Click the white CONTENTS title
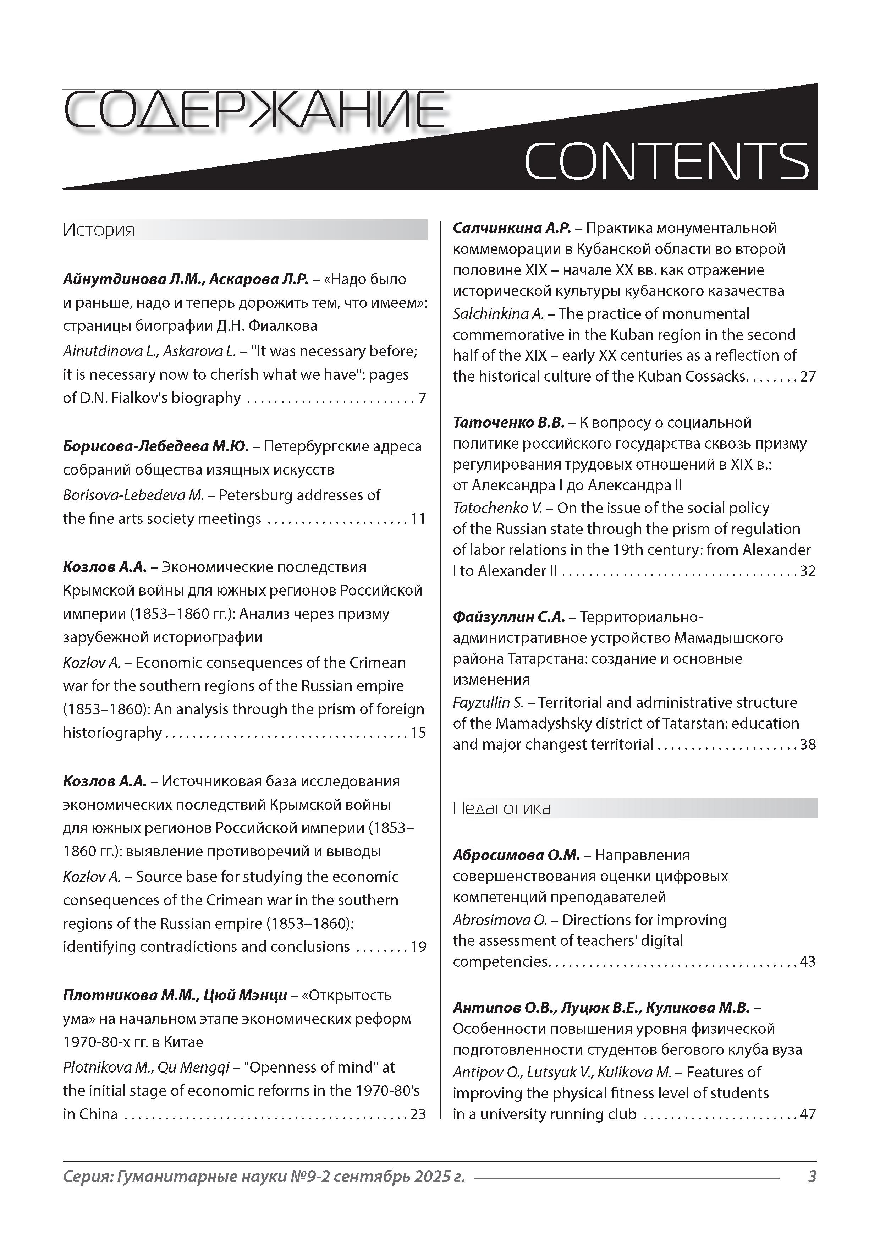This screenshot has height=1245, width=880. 666,161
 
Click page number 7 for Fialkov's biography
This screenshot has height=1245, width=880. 422,398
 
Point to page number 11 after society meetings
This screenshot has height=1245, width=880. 418,519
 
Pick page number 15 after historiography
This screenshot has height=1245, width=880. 418,733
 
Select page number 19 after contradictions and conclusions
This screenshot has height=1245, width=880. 418,947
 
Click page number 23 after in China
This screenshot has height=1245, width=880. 418,1114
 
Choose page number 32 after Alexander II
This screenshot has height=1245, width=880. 808,571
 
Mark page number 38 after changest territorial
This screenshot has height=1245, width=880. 808,745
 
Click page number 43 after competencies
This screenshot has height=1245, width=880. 808,962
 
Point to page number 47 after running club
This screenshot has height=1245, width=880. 808,1114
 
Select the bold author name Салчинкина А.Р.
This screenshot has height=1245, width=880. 512,228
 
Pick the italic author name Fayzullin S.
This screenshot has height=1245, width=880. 488,703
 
